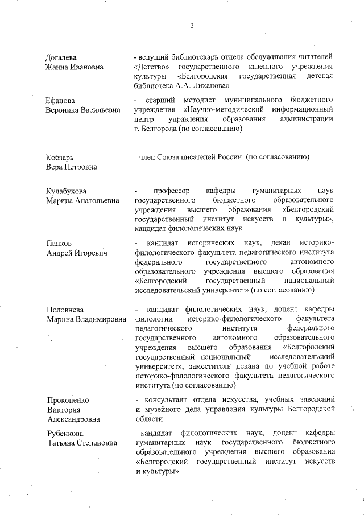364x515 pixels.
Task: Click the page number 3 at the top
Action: coord(192,26)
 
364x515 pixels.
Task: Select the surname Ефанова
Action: coord(61,101)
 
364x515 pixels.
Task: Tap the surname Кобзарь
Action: coord(60,157)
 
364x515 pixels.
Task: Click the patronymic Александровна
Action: coord(73,419)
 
